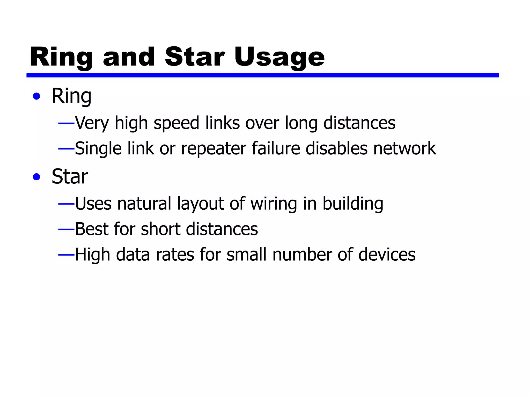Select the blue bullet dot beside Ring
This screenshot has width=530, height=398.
click(37, 96)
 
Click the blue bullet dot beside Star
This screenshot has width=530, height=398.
click(37, 177)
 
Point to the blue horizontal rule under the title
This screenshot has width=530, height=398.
click(262, 75)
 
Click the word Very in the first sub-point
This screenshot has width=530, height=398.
click(92, 123)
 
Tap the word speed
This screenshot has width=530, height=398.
click(176, 123)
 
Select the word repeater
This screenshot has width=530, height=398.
click(214, 149)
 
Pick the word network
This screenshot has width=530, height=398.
click(404, 148)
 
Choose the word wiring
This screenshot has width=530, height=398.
click(274, 204)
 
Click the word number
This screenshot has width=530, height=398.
click(302, 254)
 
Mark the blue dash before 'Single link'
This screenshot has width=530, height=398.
click(66, 149)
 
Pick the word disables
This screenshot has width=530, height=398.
click(336, 148)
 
